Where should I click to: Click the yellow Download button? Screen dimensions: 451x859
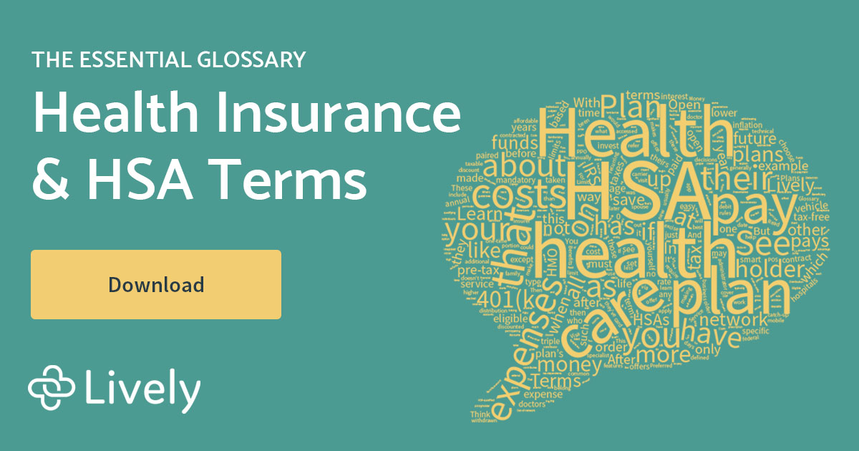click(x=155, y=284)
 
